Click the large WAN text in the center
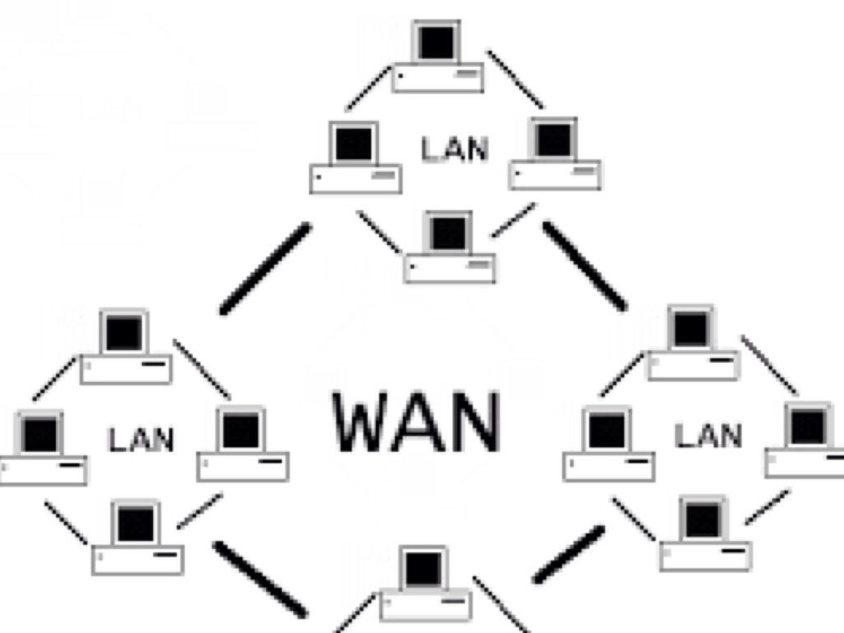click(x=417, y=422)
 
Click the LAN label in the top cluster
click(x=455, y=149)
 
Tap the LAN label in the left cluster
click(x=141, y=439)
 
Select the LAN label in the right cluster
click(x=708, y=434)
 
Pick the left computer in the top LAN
click(x=355, y=158)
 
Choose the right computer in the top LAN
click(x=554, y=154)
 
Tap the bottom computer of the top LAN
click(x=449, y=247)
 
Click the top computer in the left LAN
click(x=125, y=348)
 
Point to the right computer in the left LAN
click(x=242, y=445)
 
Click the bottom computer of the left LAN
click(x=137, y=538)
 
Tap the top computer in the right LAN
click(x=692, y=345)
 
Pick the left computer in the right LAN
click(x=608, y=445)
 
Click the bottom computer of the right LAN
click(x=704, y=534)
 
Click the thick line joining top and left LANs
click(x=266, y=269)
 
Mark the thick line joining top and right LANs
click(x=584, y=266)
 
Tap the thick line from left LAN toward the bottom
click(x=260, y=578)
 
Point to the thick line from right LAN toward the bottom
click(x=568, y=554)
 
